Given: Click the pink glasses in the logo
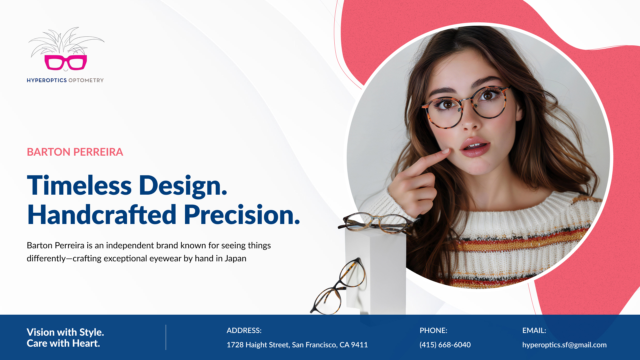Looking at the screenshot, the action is point(66,62).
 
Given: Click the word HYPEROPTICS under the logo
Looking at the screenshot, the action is point(47,80).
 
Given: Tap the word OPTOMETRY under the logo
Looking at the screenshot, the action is point(86,80).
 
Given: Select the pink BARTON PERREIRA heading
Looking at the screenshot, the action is point(75,152).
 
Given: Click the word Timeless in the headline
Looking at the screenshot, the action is point(79,185).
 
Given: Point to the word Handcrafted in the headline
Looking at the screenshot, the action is point(102,215).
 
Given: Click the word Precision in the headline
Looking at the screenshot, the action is point(242,215).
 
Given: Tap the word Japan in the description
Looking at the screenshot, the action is point(235,259).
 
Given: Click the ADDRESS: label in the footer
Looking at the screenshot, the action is point(244,330).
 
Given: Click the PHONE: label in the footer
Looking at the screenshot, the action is point(433,330).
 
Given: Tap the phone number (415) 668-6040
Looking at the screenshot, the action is point(445,345).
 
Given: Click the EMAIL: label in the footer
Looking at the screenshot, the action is point(534,330).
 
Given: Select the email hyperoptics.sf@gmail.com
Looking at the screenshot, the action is point(564,345).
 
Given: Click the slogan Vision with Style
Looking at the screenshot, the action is point(65,332).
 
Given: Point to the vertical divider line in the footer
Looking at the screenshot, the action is point(166,337).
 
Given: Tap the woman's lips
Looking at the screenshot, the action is point(475,147).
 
